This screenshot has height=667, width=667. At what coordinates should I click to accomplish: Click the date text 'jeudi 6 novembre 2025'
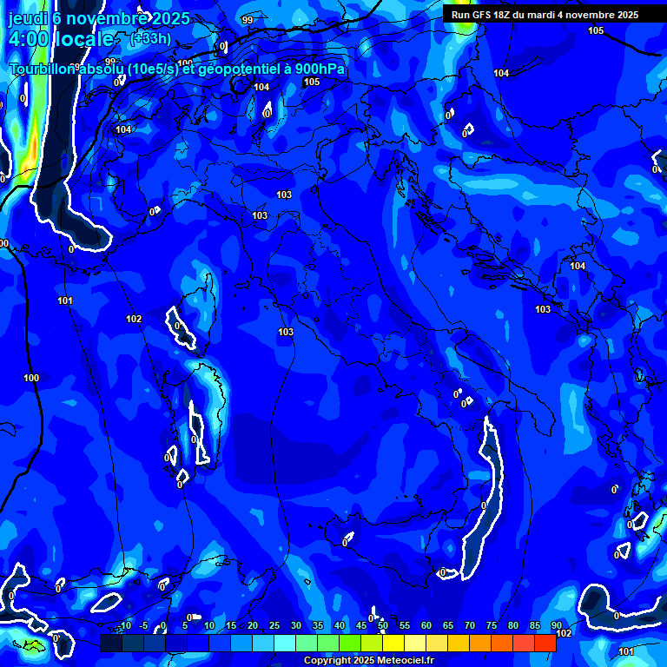point(90,18)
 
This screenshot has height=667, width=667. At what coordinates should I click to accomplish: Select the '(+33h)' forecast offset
point(150,38)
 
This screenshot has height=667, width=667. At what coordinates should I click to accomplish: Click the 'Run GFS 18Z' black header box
point(545,15)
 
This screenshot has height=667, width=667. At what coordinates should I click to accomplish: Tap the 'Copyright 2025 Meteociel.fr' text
point(368,661)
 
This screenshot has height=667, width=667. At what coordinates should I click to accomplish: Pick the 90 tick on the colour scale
point(556,625)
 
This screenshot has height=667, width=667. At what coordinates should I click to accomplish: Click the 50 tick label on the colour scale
point(382,625)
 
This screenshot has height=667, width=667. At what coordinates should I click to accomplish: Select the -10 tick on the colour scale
point(125,625)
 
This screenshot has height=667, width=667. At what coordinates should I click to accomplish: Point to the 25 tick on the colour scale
point(274,625)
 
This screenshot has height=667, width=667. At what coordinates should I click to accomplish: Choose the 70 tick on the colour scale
point(469,625)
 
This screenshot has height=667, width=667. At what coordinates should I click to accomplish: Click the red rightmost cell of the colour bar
point(545,643)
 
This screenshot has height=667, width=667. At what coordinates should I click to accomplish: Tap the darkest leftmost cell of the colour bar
point(110,643)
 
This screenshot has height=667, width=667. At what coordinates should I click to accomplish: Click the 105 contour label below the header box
point(596,31)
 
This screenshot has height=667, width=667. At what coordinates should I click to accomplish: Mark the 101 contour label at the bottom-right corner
point(626,651)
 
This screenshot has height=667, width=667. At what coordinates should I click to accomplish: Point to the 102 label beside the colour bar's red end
point(564,633)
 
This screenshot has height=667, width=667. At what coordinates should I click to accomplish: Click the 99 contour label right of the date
point(248,20)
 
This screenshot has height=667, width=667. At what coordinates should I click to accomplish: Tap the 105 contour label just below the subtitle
point(312,82)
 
